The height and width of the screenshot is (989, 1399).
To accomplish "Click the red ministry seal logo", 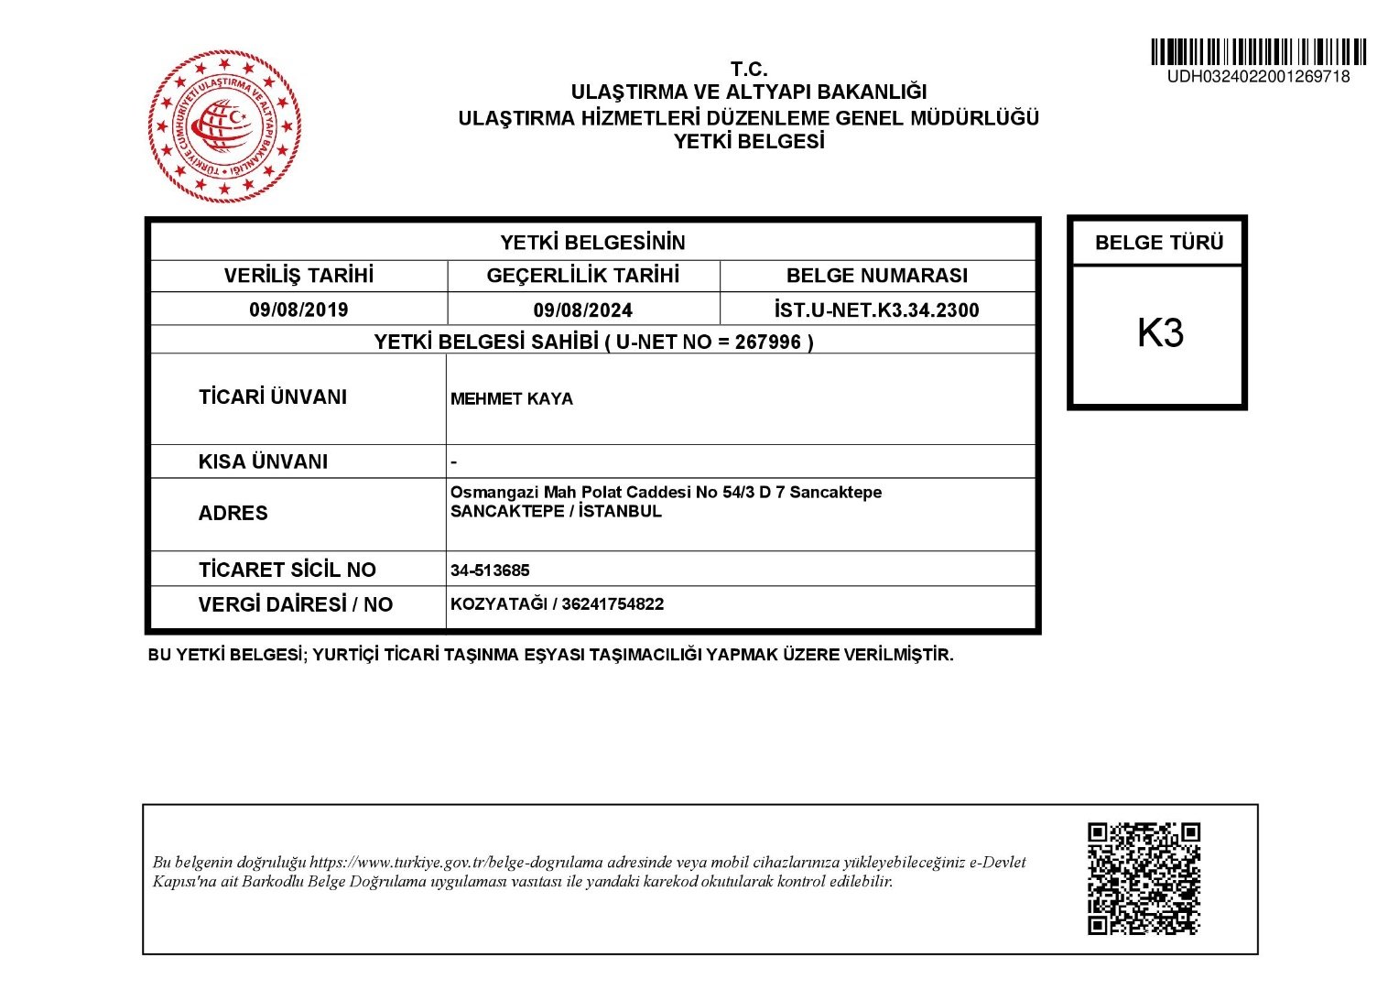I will pyautogui.click(x=225, y=126).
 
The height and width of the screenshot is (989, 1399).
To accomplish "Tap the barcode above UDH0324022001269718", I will pyautogui.click(x=1258, y=51).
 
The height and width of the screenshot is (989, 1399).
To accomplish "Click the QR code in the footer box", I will pyautogui.click(x=1144, y=878).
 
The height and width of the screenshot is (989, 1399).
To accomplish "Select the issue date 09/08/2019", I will pyautogui.click(x=298, y=310).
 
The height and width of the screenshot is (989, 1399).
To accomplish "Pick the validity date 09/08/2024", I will pyautogui.click(x=582, y=310).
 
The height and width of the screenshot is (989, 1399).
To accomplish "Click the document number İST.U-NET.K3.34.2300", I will pyautogui.click(x=876, y=310).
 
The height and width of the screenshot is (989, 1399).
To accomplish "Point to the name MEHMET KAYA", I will pyautogui.click(x=512, y=399).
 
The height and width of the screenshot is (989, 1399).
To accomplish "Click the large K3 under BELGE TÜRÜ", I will pyautogui.click(x=1160, y=333).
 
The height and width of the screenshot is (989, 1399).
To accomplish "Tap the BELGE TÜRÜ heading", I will pyautogui.click(x=1158, y=243).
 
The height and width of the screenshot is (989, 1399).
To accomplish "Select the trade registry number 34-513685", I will pyautogui.click(x=490, y=571).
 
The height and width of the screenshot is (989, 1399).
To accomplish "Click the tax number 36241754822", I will pyautogui.click(x=613, y=604).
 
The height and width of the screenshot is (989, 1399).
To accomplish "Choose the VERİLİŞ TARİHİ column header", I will pyautogui.click(x=298, y=276).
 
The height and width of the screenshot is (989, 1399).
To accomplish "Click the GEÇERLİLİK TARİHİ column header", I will pyautogui.click(x=582, y=276).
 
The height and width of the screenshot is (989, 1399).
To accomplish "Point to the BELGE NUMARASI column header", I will pyautogui.click(x=876, y=276).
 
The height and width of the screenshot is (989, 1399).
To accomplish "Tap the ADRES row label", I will pyautogui.click(x=233, y=514).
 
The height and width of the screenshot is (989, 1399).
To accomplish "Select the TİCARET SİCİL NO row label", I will pyautogui.click(x=287, y=570).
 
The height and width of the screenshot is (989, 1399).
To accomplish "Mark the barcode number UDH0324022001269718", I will pyautogui.click(x=1258, y=77).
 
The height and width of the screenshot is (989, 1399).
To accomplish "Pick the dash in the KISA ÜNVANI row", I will pyautogui.click(x=453, y=462).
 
